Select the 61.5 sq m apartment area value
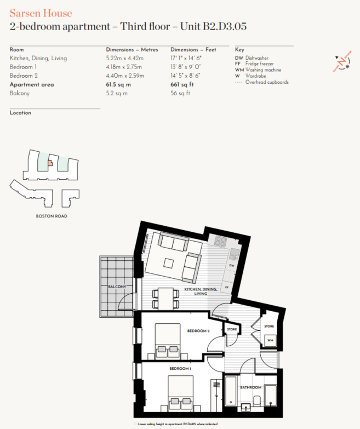118,85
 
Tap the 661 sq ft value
182,85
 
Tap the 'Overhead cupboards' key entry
267,82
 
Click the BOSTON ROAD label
52,216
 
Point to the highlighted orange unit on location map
49,163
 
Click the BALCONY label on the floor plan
117,287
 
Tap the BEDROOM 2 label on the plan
198,331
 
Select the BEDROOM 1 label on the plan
180,369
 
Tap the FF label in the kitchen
226,287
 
